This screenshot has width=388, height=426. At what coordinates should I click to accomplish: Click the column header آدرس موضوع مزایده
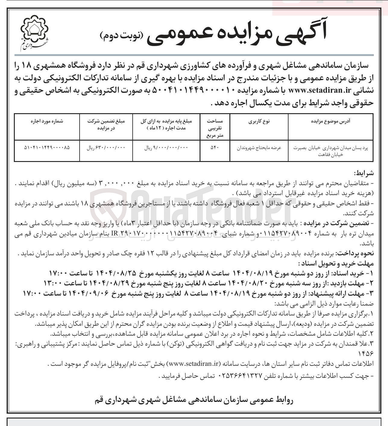coord(330,122)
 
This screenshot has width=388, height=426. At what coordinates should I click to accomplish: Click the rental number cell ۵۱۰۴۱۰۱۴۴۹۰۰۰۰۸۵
coord(47,148)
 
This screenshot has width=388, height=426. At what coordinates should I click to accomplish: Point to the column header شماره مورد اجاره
coord(47,122)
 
